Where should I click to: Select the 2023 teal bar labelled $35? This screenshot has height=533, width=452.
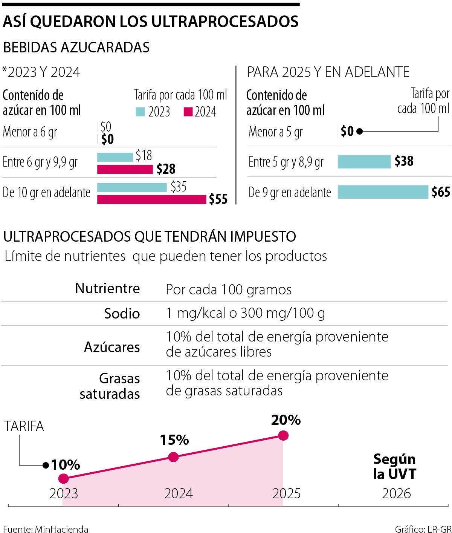pos(132,187)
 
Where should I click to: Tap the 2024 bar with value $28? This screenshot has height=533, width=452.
pos(125,169)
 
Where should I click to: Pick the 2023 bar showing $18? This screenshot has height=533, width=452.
pos(115,157)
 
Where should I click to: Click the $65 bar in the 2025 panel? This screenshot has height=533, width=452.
pos(383,192)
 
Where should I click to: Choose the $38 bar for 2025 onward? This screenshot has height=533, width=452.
pos(364,162)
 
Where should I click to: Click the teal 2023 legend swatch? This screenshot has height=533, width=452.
pos(140,112)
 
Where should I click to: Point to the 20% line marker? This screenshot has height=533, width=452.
pos(283,436)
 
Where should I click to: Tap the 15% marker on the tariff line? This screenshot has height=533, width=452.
pos(173,457)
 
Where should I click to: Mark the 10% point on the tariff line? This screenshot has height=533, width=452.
pos(64,479)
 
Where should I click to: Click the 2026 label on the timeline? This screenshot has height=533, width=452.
pos(396,493)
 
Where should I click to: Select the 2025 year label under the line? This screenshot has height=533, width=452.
pos(287,493)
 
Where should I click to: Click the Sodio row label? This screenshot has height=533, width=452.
pos(122,314)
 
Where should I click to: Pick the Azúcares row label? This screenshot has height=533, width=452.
pos(112,347)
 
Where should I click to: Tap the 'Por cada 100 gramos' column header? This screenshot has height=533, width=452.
pos(229,289)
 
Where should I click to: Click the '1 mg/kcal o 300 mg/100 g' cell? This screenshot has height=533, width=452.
pos(245,313)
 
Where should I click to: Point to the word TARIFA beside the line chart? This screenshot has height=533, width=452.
pos(24,426)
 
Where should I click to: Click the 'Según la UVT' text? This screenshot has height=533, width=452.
pos(394,467)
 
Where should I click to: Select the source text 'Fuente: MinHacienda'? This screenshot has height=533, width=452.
pos(46,529)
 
